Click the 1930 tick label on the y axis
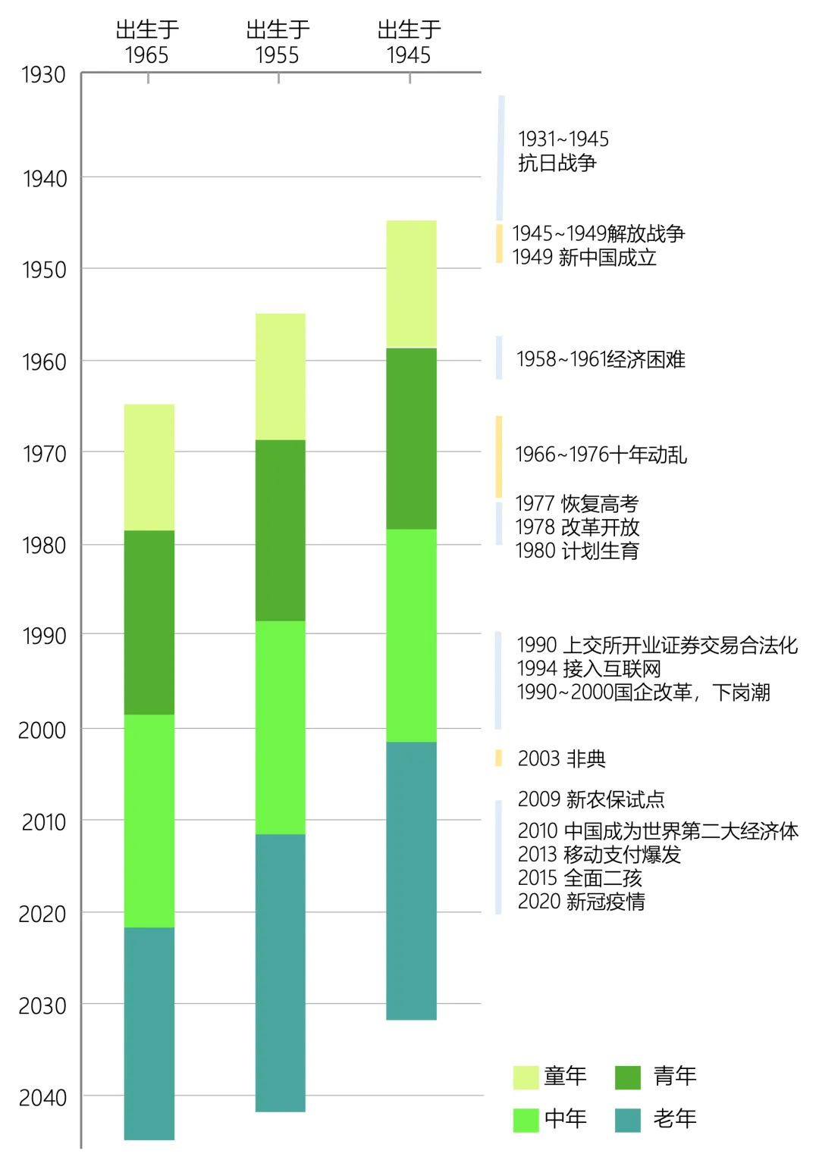coord(43,75)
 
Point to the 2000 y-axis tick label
coord(42,730)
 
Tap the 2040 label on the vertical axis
coord(42,1097)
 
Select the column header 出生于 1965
coord(147,42)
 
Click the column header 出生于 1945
coord(409,42)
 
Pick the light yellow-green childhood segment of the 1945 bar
coord(411,284)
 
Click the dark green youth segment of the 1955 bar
coord(281,530)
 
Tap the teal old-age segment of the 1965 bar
coord(149,1033)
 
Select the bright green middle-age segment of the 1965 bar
coord(149,821)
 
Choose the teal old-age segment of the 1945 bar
coord(411,880)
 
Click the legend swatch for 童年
coord(526,1077)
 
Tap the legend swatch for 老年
coord(628,1120)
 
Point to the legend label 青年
coord(675,1076)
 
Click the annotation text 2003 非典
coord(561,758)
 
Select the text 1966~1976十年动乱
coord(601,455)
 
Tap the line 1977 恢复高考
coord(576,504)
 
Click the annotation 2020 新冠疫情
coord(581,902)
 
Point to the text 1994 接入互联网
coord(588,669)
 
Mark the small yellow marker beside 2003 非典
coord(498,758)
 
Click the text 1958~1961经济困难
coord(601,359)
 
